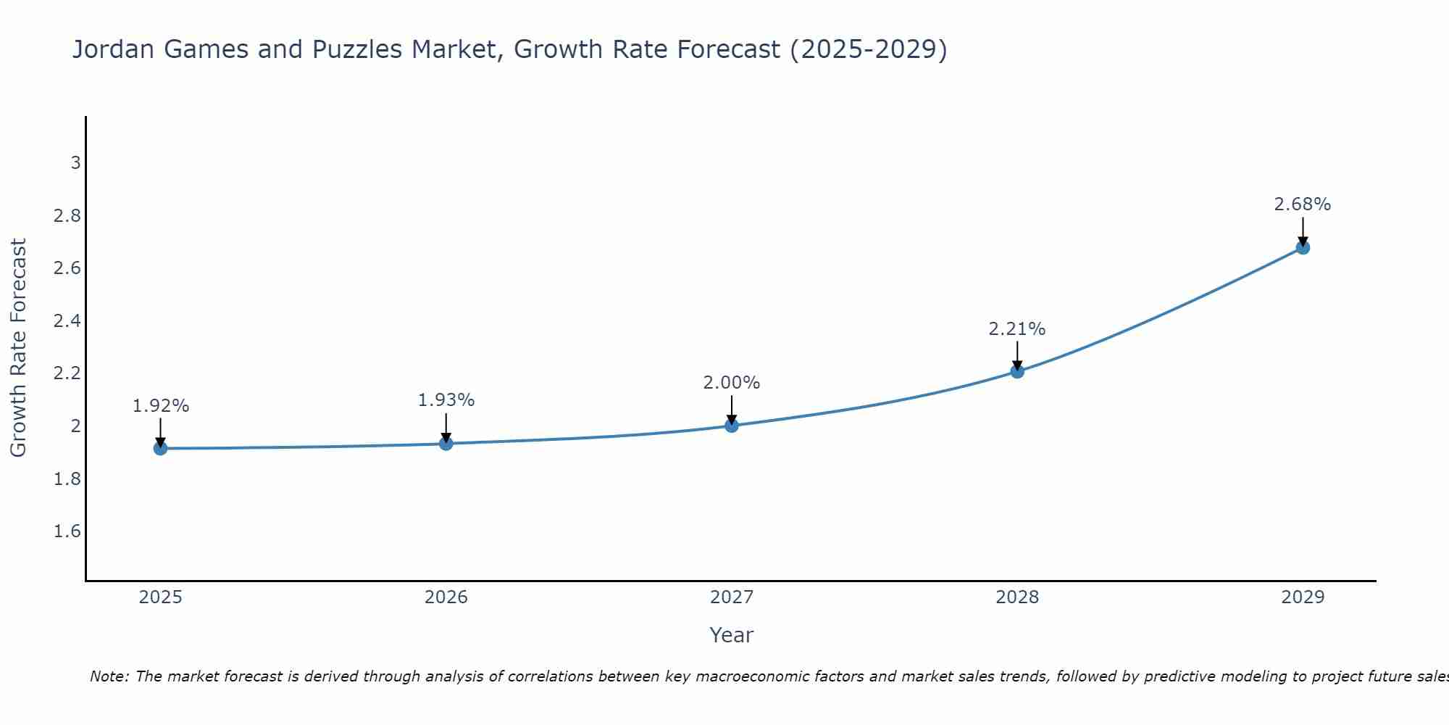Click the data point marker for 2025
tap(161, 449)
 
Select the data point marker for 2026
tap(446, 444)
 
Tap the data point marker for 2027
tap(732, 426)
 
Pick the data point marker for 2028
tap(1017, 371)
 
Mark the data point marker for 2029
tap(1303, 248)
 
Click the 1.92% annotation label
tap(161, 406)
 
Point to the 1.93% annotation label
tap(446, 400)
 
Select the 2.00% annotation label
tap(732, 383)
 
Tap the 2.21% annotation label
tap(1017, 329)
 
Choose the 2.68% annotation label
tap(1303, 204)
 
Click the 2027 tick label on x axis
tap(732, 597)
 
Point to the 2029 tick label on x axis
tap(1303, 597)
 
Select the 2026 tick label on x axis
tap(446, 597)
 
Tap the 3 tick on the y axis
tap(75, 163)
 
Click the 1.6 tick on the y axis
tap(67, 531)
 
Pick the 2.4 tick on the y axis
tap(67, 321)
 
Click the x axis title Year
tap(732, 635)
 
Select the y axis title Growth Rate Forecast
tap(19, 348)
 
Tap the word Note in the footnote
tap(109, 676)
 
